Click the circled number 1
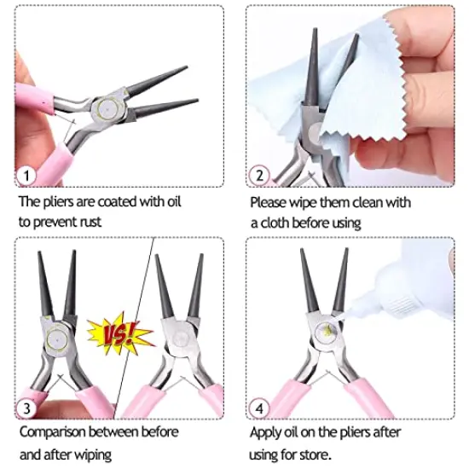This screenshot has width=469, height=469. pyautogui.click(x=26, y=177)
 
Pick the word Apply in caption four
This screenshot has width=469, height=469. pyautogui.click(x=266, y=432)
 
